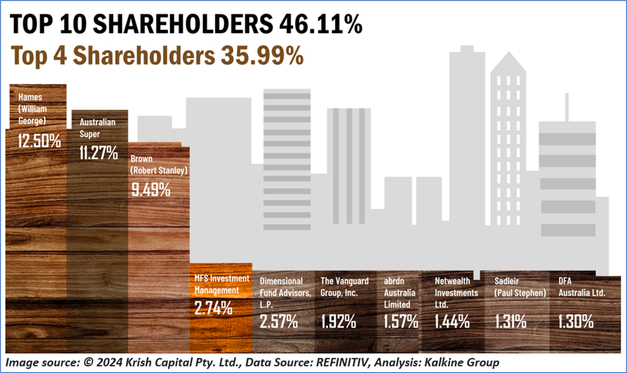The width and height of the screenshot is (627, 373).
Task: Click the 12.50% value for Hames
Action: (39, 141)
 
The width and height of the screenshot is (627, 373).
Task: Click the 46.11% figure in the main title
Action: (320, 25)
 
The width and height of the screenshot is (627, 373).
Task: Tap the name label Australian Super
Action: (97, 128)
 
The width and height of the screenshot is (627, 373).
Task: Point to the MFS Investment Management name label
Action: (222, 284)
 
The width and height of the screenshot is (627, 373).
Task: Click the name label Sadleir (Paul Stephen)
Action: (520, 287)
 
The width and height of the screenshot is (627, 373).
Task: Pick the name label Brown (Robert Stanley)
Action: (159, 165)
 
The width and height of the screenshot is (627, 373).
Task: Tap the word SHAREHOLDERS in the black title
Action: (183, 25)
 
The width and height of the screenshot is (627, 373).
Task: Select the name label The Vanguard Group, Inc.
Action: (345, 287)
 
